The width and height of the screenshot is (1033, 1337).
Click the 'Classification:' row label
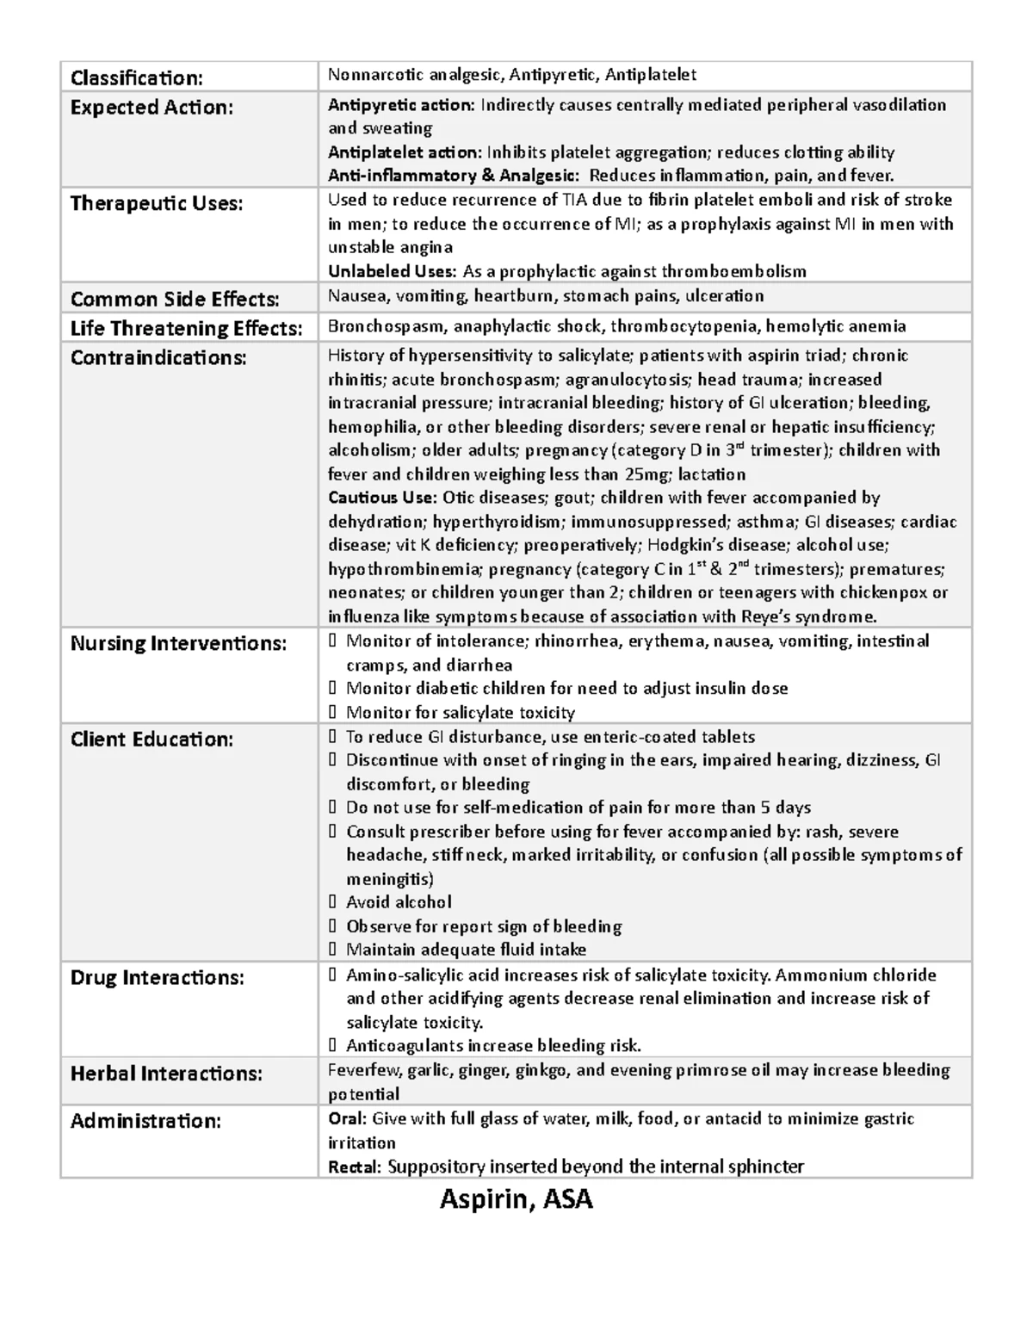coord(136,78)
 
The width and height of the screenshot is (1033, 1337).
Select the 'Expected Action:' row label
coord(152,108)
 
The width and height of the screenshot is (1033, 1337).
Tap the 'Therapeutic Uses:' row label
coord(156,203)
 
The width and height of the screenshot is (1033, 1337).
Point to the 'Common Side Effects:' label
coord(175,300)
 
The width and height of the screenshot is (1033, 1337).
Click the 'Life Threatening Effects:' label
coord(186,328)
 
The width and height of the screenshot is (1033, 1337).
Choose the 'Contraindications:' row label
coord(158,357)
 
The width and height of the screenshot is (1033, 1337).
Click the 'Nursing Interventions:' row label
coord(178,643)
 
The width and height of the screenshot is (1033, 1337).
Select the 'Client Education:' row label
coord(152,740)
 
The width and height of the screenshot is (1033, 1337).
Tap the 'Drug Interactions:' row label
coord(157,978)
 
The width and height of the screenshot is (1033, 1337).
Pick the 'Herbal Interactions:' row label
coord(166,1074)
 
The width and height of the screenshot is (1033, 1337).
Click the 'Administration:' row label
coord(145,1121)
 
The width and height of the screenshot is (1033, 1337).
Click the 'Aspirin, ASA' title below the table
coord(516,1198)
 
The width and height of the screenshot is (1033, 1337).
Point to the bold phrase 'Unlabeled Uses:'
coord(392,271)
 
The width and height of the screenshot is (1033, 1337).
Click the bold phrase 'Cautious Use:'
coord(382,498)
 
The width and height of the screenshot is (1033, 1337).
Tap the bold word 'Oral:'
coord(348,1118)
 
